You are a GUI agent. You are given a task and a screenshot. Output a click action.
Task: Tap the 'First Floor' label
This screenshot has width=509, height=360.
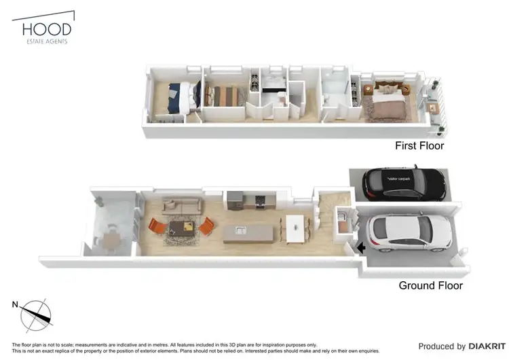419,146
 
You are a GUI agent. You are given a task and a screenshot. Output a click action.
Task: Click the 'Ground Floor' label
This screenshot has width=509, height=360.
430,285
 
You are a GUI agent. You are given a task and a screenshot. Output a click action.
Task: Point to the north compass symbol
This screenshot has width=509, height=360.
35,314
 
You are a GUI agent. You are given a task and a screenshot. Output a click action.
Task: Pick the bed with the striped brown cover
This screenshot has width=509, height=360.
223,95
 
